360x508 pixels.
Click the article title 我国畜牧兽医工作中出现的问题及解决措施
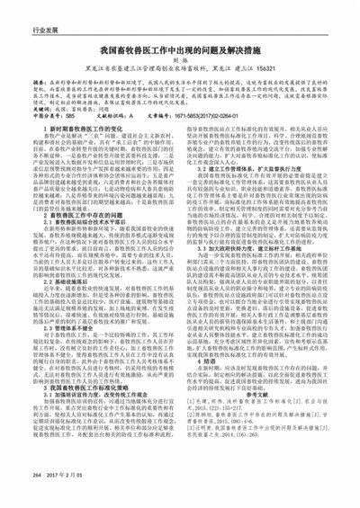tap(180, 53)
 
